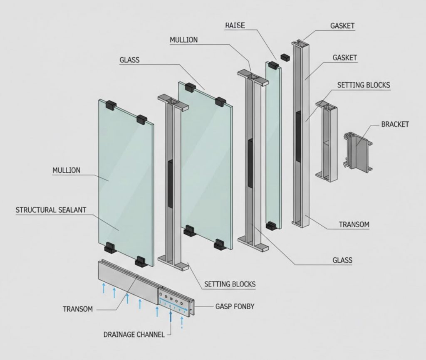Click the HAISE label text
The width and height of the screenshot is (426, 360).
coord(235,25)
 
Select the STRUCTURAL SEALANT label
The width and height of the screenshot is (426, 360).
coord(51,210)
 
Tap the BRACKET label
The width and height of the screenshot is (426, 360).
coord(395,124)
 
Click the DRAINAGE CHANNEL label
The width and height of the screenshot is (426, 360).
coord(134,334)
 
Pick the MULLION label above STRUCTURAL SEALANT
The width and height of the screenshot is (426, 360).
coord(66,170)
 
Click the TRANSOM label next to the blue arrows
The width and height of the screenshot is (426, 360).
coord(77,309)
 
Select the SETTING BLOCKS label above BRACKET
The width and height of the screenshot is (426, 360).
coord(364,85)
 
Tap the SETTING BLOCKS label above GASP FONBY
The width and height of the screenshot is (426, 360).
coord(230,284)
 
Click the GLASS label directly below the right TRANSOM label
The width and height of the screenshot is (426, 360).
coord(342,260)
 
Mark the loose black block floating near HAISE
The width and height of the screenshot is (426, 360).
coord(285,57)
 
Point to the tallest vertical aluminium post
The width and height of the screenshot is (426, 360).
coord(302,133)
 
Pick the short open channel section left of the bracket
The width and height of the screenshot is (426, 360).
coord(326,141)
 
